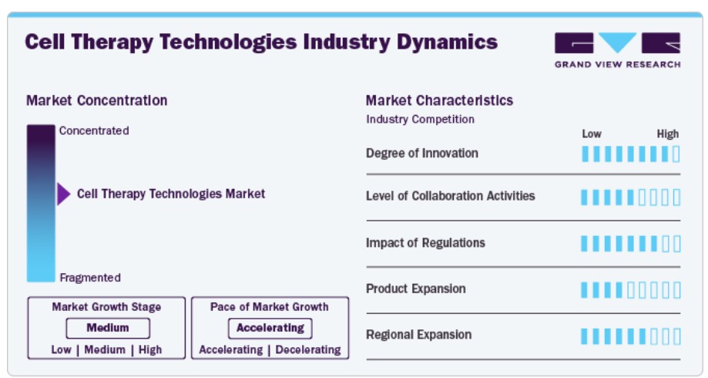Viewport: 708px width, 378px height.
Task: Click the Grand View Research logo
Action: point(617,50)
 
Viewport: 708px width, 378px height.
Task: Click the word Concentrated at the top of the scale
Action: point(94,130)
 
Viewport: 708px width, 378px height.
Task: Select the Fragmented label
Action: point(90,278)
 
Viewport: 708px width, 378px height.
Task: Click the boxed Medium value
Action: point(108,328)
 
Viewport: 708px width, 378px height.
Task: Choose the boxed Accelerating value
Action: point(270,328)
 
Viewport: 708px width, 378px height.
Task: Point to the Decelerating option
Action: point(308,349)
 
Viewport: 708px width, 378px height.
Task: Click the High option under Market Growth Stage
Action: point(150,349)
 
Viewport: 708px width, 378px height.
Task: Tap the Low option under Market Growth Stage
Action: point(62,349)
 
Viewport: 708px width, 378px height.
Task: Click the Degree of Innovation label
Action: point(421,154)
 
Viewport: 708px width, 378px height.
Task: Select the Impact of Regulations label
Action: point(425,243)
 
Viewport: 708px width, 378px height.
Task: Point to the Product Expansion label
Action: point(415,289)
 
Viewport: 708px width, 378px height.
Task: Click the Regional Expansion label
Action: point(418,335)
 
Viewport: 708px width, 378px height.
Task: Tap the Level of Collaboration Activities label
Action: point(450,196)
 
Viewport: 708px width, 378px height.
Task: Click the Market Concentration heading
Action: point(96,100)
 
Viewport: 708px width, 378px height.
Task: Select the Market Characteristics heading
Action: point(439,100)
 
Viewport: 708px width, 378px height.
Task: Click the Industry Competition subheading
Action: point(420,120)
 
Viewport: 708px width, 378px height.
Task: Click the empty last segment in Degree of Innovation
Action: point(676,154)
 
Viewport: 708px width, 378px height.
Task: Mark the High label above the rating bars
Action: point(668,133)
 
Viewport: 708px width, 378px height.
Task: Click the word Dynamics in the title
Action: point(447,42)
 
